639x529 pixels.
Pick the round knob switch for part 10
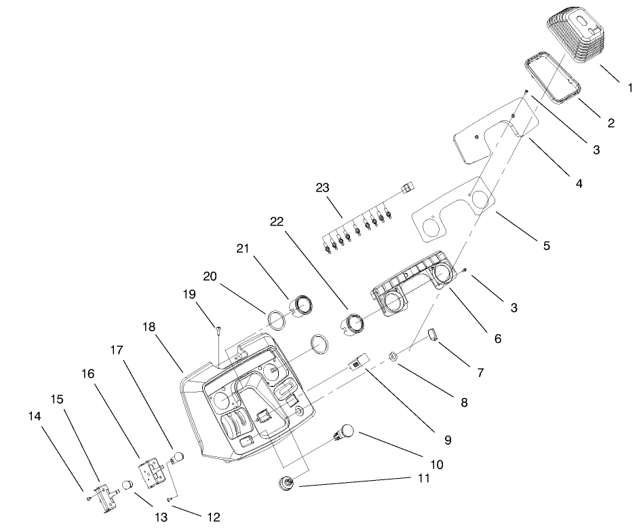[347, 432]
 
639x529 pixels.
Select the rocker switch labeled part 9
[358, 361]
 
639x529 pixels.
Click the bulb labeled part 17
[178, 456]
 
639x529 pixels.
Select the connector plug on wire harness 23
[407, 187]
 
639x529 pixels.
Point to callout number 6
[497, 338]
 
